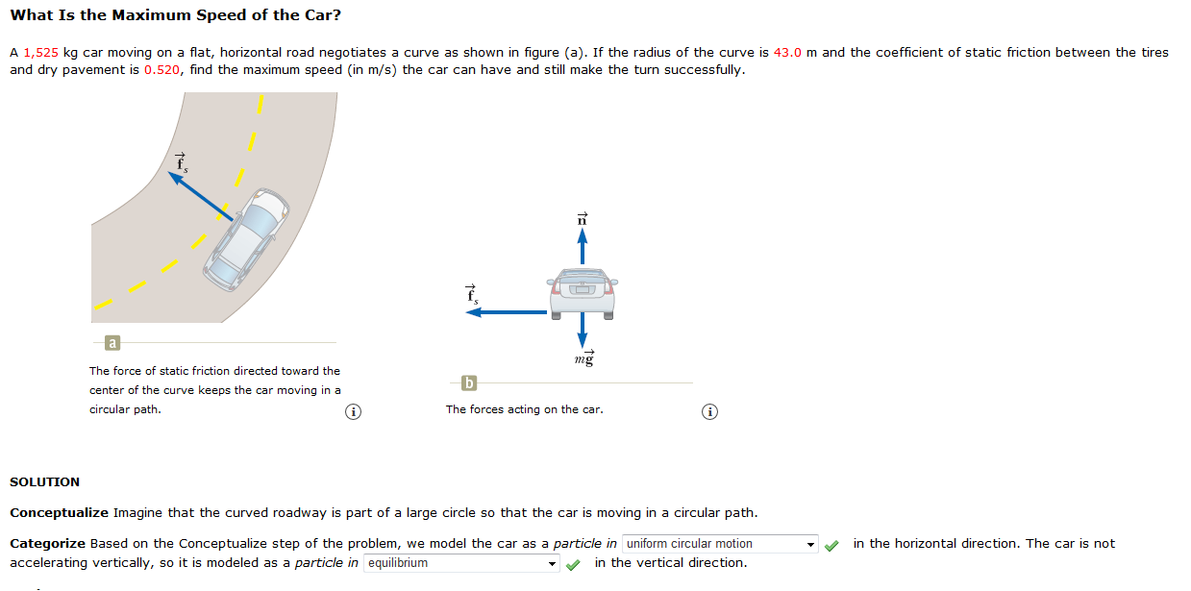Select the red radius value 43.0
pyautogui.click(x=787, y=53)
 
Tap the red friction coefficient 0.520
pyautogui.click(x=162, y=70)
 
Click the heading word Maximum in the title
pyautogui.click(x=142, y=16)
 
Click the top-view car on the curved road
pyautogui.click(x=248, y=238)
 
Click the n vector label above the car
pyautogui.click(x=581, y=219)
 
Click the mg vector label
pyautogui.click(x=584, y=358)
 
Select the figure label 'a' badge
pyautogui.click(x=112, y=342)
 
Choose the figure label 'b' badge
pyautogui.click(x=469, y=383)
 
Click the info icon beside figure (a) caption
pyautogui.click(x=354, y=412)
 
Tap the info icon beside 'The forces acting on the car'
pyautogui.click(x=709, y=412)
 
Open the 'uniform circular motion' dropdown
pyautogui.click(x=720, y=544)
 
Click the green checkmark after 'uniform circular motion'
pyautogui.click(x=832, y=545)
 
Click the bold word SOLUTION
pyautogui.click(x=44, y=481)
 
